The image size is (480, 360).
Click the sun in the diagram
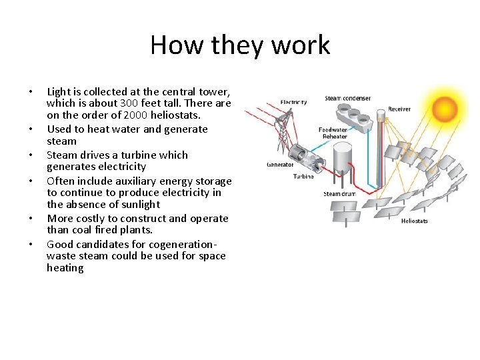(x=444, y=107)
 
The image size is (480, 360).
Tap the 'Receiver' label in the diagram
(x=399, y=109)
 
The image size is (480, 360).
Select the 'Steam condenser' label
(x=347, y=99)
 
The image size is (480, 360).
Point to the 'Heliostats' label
(x=414, y=221)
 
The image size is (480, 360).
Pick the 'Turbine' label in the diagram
(x=303, y=177)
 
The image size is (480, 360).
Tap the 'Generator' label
(x=279, y=165)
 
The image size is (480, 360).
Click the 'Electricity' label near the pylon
(x=293, y=102)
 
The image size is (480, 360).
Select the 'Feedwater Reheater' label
(x=333, y=133)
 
